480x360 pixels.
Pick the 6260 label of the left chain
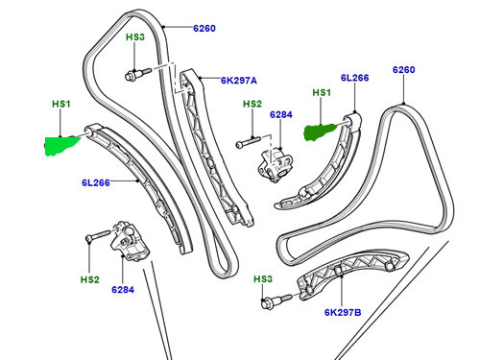click(203, 29)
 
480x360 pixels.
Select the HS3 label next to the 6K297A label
click(135, 36)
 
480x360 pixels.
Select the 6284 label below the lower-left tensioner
click(124, 289)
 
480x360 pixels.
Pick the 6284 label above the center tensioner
click(280, 114)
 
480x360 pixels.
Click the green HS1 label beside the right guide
click(323, 93)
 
